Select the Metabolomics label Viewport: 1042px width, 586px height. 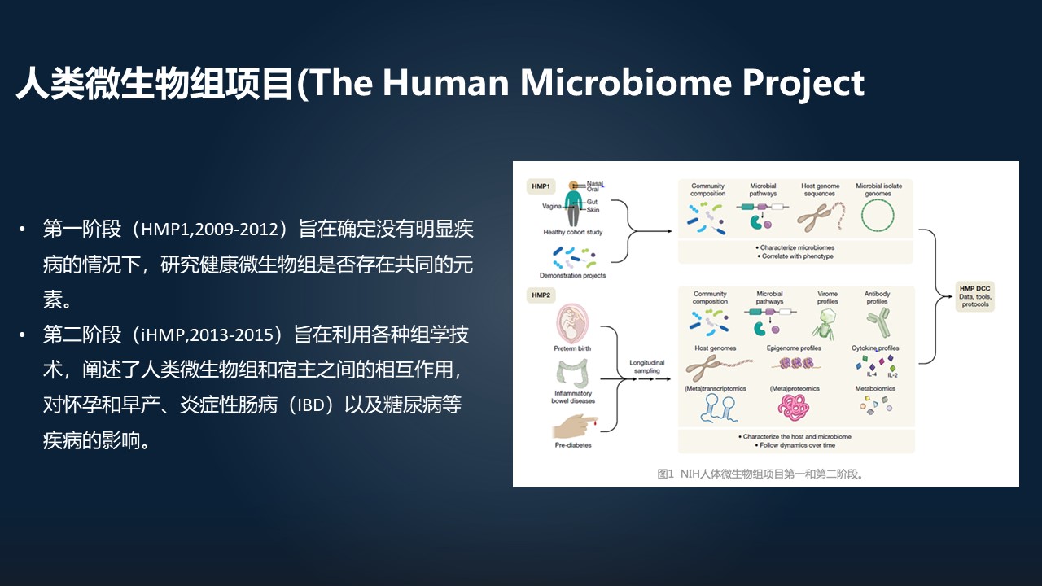coord(875,389)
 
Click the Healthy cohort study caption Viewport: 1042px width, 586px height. coord(572,233)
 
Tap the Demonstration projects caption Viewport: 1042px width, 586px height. coord(572,276)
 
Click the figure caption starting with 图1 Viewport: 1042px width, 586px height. coord(760,473)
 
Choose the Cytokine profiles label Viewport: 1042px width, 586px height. coord(875,348)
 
